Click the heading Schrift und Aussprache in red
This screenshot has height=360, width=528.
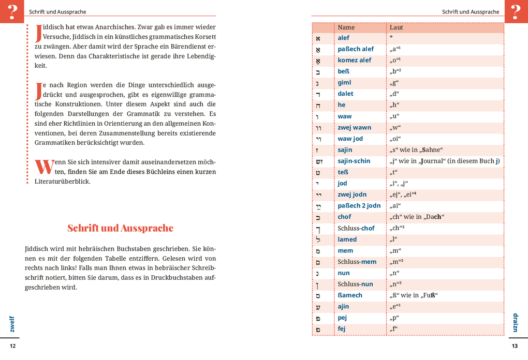click(x=120, y=228)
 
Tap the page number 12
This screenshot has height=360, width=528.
click(x=13, y=346)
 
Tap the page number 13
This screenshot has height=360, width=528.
click(x=514, y=346)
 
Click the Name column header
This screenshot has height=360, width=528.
click(x=346, y=27)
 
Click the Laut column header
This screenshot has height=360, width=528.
click(x=396, y=27)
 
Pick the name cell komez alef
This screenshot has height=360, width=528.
click(x=354, y=60)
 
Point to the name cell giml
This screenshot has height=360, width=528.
click(x=344, y=82)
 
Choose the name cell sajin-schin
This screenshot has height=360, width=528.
click(x=354, y=161)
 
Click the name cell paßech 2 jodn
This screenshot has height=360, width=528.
click(x=359, y=205)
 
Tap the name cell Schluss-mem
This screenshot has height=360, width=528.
click(x=357, y=262)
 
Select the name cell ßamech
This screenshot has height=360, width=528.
click(x=350, y=295)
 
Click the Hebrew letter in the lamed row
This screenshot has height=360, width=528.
click(x=318, y=239)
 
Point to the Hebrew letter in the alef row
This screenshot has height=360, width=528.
click(x=318, y=38)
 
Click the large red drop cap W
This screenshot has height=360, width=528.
click(x=44, y=166)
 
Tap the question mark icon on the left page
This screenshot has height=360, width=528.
click(x=12, y=11)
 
